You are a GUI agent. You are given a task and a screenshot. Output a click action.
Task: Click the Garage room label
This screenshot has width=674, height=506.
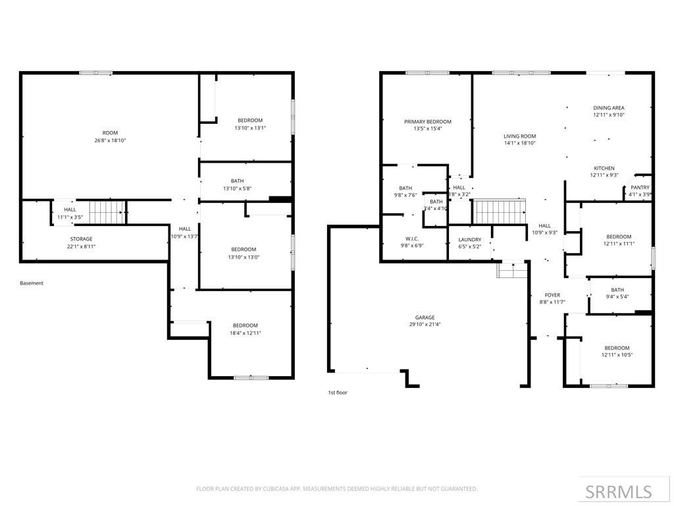[x=425, y=318]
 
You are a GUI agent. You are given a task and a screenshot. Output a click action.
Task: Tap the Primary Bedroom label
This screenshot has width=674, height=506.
[x=427, y=122]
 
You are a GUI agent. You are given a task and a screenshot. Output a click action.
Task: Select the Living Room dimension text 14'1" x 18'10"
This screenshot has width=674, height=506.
[x=519, y=143]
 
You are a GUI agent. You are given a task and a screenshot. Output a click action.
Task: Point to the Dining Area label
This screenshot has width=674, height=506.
[x=608, y=107]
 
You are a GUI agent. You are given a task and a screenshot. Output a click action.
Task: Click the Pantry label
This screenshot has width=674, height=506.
[x=640, y=188]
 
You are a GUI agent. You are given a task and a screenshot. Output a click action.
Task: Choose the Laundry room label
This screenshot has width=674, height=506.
[x=469, y=240]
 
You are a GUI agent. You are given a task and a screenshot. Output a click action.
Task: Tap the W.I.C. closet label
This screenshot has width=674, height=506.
[x=413, y=239]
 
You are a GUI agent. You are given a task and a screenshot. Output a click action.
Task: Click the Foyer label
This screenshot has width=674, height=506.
[x=552, y=295]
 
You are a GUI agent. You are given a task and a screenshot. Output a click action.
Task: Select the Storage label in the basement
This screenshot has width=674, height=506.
[x=82, y=239]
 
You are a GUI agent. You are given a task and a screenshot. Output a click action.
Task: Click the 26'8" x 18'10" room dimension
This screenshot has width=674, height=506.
[x=110, y=140]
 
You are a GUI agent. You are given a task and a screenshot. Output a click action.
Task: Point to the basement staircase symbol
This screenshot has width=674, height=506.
[x=106, y=213]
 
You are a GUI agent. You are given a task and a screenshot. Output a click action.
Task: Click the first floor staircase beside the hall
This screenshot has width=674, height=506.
[x=501, y=212]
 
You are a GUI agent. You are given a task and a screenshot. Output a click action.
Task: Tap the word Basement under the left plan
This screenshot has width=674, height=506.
[x=32, y=283]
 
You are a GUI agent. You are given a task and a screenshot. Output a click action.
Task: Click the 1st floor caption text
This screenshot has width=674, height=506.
[x=338, y=393]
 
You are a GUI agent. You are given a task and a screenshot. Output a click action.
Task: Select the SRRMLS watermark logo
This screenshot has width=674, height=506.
[x=620, y=492]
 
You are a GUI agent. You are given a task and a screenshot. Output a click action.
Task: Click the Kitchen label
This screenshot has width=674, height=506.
[x=604, y=168]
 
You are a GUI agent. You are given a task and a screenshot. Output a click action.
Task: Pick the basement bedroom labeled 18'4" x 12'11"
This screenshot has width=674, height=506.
[x=244, y=329]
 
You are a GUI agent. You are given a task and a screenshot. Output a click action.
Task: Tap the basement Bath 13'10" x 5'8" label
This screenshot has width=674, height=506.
[x=237, y=184]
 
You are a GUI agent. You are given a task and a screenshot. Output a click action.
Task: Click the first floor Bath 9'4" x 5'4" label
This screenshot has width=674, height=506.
[x=617, y=293]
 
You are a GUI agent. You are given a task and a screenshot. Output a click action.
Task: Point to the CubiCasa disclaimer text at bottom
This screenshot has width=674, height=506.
[x=336, y=489]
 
